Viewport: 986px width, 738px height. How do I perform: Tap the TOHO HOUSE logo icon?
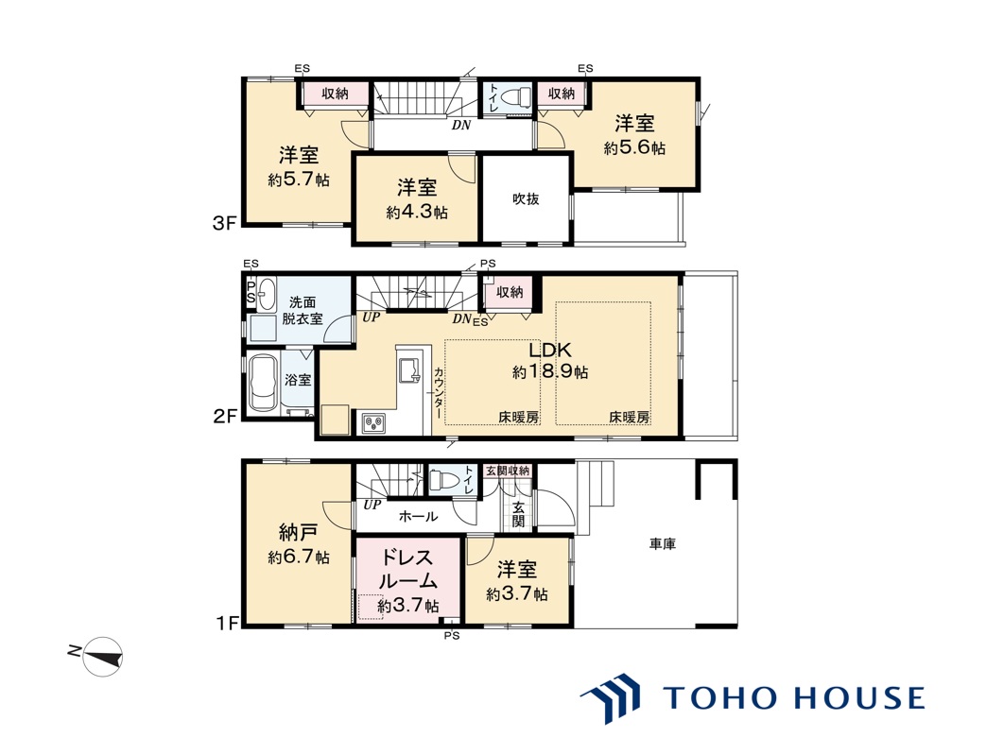(x=610, y=697)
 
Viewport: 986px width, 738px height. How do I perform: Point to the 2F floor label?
(x=224, y=416)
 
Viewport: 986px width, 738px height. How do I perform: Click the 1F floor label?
(x=227, y=624)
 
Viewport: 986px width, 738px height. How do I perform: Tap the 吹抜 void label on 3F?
(x=526, y=199)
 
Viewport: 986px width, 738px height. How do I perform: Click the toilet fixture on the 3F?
(x=515, y=98)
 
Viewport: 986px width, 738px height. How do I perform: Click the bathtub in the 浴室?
(x=263, y=384)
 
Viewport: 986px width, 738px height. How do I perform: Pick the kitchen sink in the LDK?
(x=410, y=369)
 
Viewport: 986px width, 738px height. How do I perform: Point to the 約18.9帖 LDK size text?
(x=550, y=372)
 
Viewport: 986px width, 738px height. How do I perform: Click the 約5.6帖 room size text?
(x=634, y=148)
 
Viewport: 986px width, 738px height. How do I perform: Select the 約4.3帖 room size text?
(x=417, y=213)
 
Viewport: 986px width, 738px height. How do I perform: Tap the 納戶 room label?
(x=298, y=532)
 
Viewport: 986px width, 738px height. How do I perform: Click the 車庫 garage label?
(x=662, y=543)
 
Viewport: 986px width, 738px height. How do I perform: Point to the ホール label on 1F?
(x=418, y=517)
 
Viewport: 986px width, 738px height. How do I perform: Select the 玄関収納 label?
(x=508, y=471)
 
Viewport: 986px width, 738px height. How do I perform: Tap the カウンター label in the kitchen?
(x=439, y=394)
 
